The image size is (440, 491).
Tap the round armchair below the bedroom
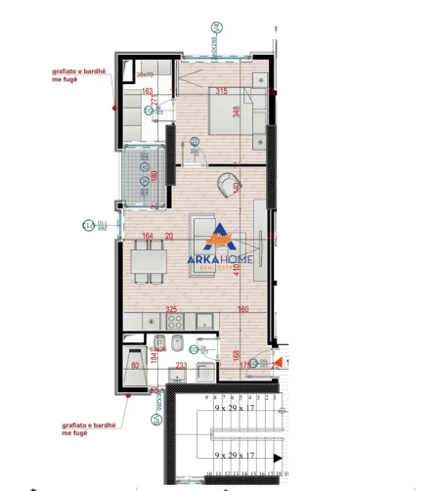pyautogui.click(x=228, y=183)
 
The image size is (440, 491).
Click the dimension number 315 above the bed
pyautogui.click(x=221, y=92)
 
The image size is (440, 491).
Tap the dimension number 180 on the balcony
pyautogui.click(x=156, y=177)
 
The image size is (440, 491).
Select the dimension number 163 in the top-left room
pyautogui.click(x=149, y=92)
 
